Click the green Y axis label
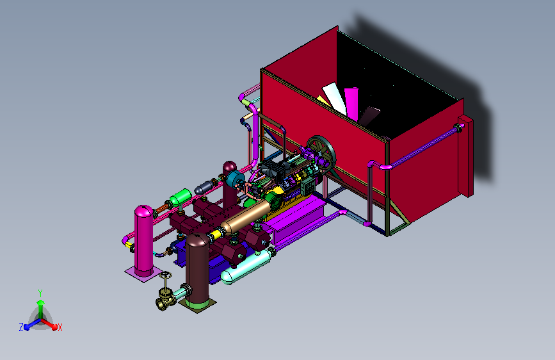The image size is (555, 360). tap(40, 293)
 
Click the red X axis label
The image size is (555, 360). tap(60, 327)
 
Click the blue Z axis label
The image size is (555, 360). tap(21, 327)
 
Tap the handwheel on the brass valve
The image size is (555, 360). tap(166, 275)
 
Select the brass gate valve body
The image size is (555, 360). tap(166, 300)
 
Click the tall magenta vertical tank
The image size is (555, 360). tap(143, 241)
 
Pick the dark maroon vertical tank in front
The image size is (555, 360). tap(197, 268)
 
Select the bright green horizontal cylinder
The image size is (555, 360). tap(181, 197)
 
